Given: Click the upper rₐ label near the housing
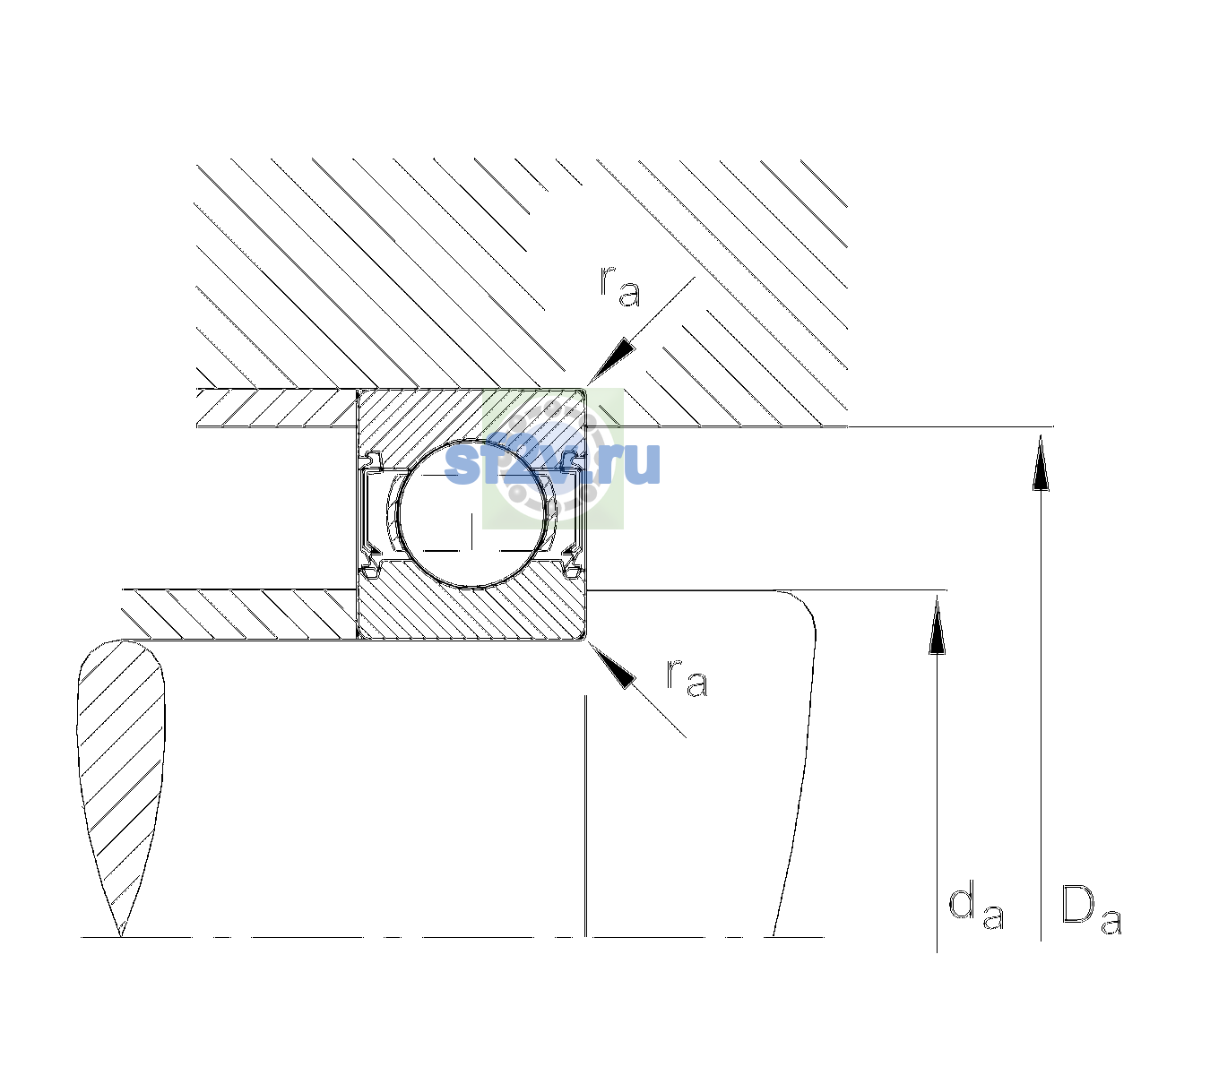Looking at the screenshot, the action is click(620, 286).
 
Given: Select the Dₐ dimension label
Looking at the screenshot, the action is click(1091, 909).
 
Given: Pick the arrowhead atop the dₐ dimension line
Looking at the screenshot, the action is click(937, 624).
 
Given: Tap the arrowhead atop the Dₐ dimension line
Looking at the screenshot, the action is click(1041, 462).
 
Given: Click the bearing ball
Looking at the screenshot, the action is click(471, 514).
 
